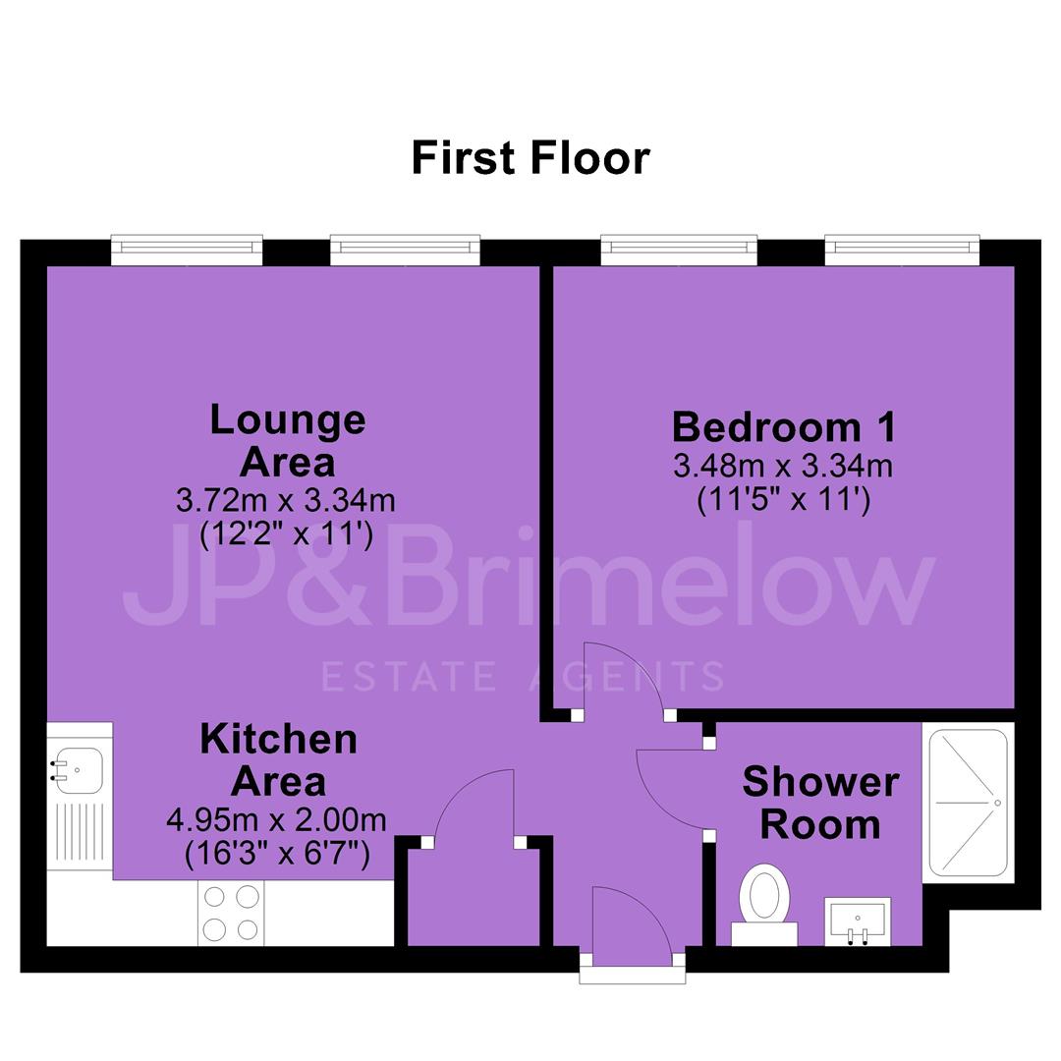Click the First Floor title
pyautogui.click(x=530, y=158)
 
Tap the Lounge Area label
pyautogui.click(x=288, y=440)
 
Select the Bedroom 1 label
pyautogui.click(x=784, y=427)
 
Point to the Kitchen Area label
pyautogui.click(x=279, y=759)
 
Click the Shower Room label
pyautogui.click(x=820, y=804)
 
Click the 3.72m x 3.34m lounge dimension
pyautogui.click(x=286, y=501)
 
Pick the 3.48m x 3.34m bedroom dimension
pyautogui.click(x=783, y=467)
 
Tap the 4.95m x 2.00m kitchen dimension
pyautogui.click(x=277, y=820)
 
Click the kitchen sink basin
pyautogui.click(x=78, y=770)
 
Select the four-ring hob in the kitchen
pyautogui.click(x=231, y=913)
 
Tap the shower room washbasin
pyautogui.click(x=858, y=921)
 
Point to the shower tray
pyautogui.click(x=969, y=803)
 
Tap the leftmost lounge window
pyautogui.click(x=187, y=250)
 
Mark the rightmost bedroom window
pyautogui.click(x=902, y=250)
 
